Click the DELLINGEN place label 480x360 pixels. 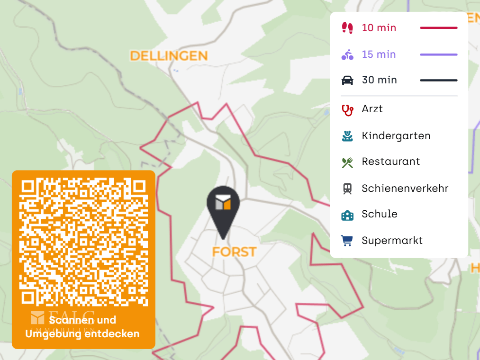click(169, 56)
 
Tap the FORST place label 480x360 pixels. click(234, 252)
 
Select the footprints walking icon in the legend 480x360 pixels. click(347, 28)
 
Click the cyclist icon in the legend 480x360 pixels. click(347, 54)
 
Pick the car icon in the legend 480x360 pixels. click(347, 80)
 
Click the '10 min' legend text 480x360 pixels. click(379, 28)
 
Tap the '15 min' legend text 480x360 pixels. click(379, 54)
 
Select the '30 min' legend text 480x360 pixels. click(379, 80)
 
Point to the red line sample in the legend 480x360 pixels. click(438, 28)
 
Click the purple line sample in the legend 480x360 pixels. click(438, 54)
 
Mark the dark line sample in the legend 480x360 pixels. click(438, 80)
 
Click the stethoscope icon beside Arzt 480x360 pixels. click(347, 110)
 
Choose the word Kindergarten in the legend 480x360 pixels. click(396, 136)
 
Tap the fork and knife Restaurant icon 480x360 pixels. click(347, 162)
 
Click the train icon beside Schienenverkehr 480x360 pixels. click(347, 189)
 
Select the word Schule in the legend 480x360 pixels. click(379, 214)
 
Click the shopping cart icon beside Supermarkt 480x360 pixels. click(347, 241)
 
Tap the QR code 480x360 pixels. click(83, 242)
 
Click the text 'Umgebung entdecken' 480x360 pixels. click(82, 334)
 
